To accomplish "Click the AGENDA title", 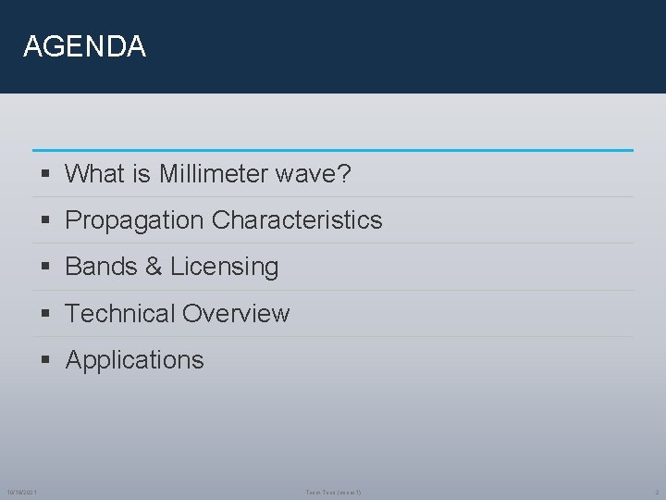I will click(84, 46).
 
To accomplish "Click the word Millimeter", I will click(199, 174).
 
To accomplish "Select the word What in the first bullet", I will click(95, 174).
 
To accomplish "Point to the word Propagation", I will click(135, 220).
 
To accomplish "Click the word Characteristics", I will click(297, 220).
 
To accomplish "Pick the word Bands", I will click(101, 267).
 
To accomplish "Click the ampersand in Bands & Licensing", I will click(152, 267).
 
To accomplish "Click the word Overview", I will click(237, 314).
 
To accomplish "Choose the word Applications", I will click(134, 360).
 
